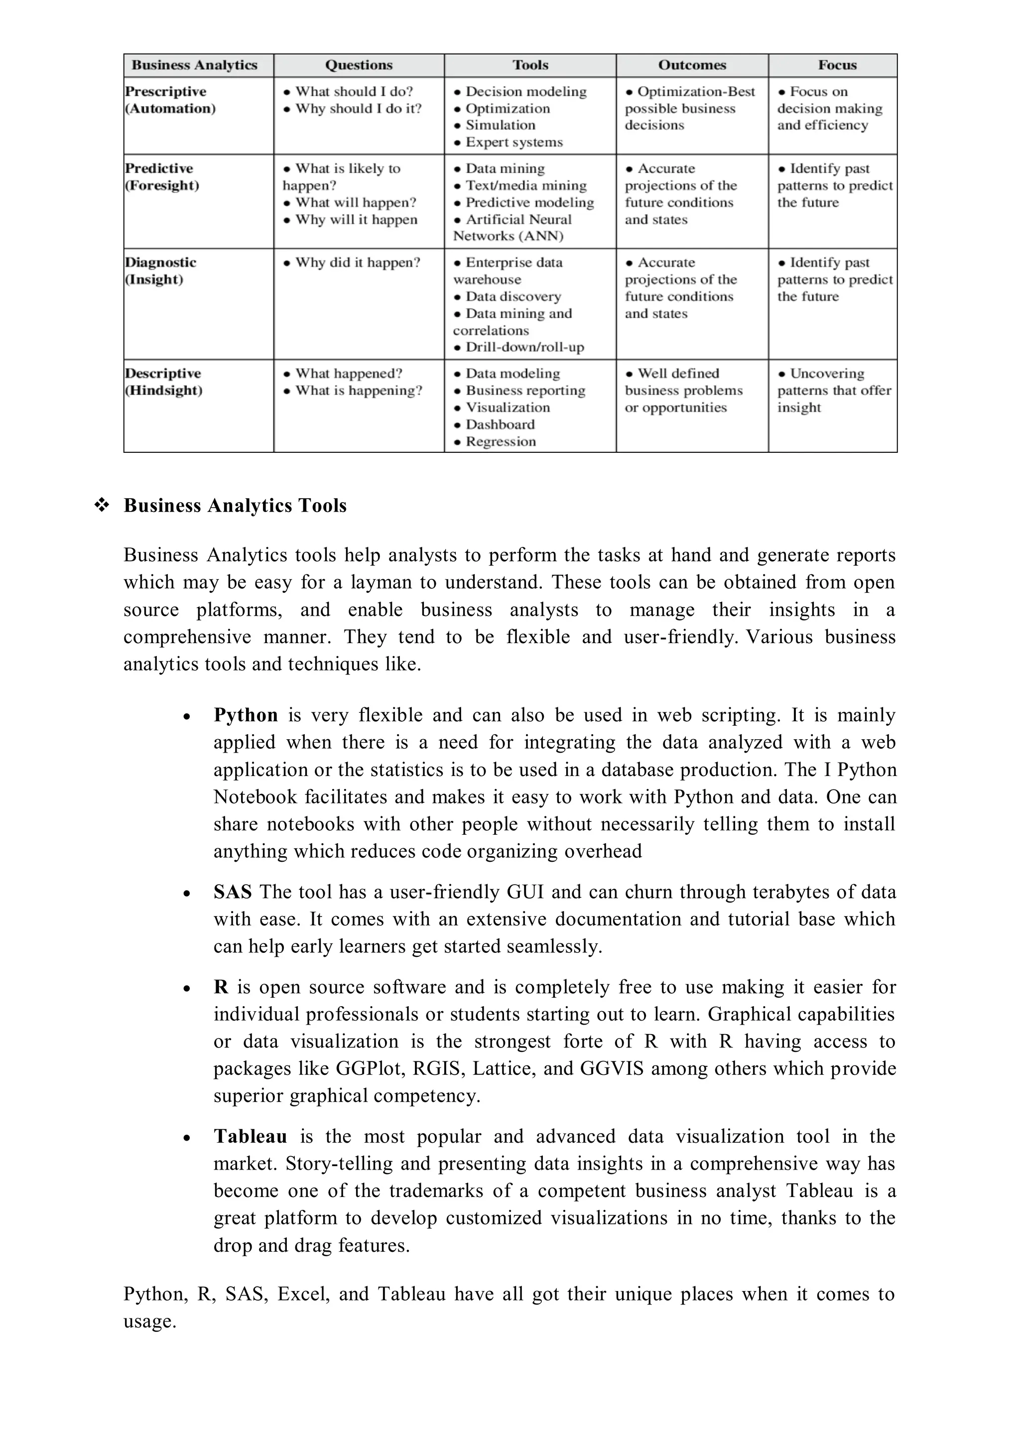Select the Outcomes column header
pos(691,65)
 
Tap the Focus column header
pos(837,65)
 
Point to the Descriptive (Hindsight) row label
pos(163,382)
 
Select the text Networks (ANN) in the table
pos(508,236)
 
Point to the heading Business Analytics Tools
pos(235,506)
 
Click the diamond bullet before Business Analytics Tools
pos(101,505)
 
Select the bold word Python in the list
pos(245,715)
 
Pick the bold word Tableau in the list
pos(250,1136)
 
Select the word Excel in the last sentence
pos(302,1294)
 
